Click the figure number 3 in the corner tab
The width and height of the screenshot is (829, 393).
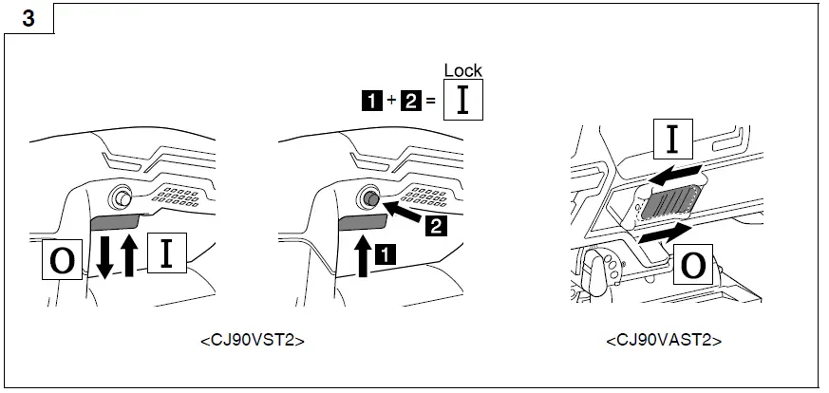[28, 19]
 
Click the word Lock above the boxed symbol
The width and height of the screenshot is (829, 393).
[463, 70]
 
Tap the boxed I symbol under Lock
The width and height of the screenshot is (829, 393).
[463, 100]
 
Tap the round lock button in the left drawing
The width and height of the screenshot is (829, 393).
[122, 197]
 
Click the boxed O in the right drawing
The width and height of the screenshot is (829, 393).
[693, 266]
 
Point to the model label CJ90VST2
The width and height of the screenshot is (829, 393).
[253, 339]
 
